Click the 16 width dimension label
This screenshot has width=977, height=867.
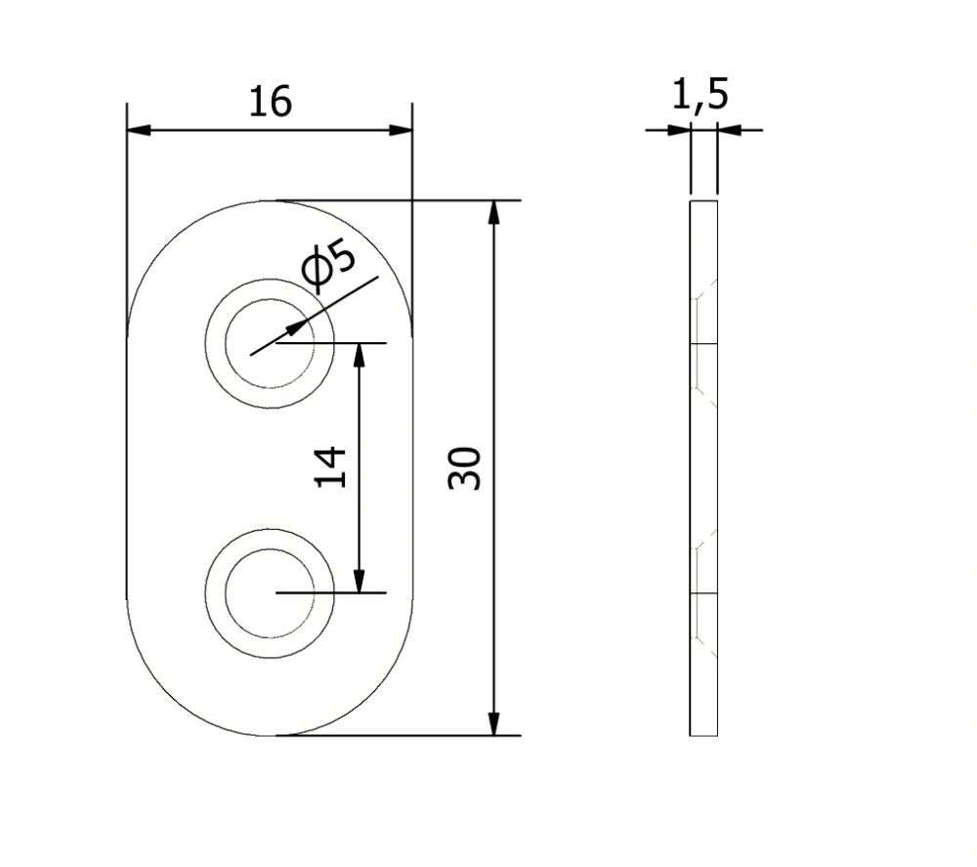(x=270, y=103)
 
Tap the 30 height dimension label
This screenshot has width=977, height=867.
(x=465, y=468)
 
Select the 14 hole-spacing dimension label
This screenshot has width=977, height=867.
(x=330, y=466)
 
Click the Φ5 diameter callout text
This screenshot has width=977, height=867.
(x=328, y=264)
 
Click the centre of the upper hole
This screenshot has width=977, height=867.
(x=270, y=343)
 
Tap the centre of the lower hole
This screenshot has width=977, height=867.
(x=270, y=592)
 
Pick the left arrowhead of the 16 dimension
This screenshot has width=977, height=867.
(x=139, y=130)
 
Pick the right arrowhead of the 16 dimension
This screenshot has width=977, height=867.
(x=401, y=130)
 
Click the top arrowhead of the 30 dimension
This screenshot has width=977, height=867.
(x=493, y=212)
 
